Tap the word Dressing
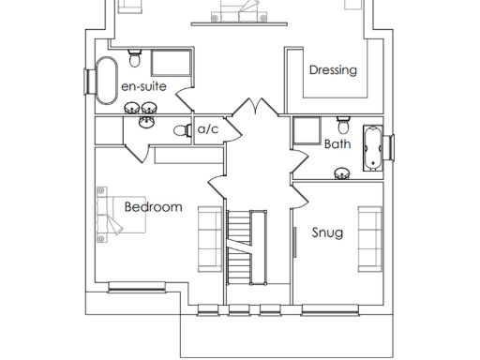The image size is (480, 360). click(x=333, y=69)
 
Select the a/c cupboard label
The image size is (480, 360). click(x=207, y=130)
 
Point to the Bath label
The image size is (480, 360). click(x=337, y=144)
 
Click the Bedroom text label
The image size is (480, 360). click(x=153, y=206)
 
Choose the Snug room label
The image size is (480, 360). click(x=326, y=232)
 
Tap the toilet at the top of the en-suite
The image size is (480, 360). click(x=135, y=61)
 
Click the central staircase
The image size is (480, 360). click(x=241, y=247)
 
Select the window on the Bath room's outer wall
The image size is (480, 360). click(x=391, y=148)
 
